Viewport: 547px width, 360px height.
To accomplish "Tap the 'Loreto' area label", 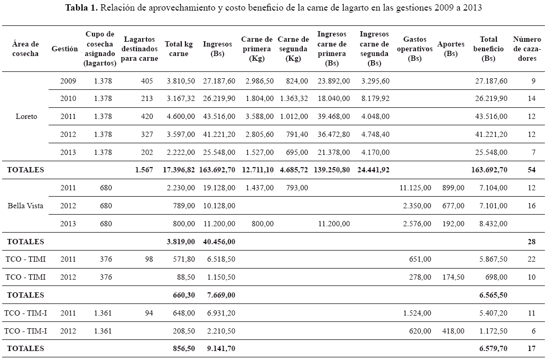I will pyautogui.click(x=26, y=116).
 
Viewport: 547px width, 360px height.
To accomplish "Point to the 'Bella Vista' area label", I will pyautogui.click(x=25, y=206).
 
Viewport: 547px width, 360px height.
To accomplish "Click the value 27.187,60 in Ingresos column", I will pyautogui.click(x=219, y=81).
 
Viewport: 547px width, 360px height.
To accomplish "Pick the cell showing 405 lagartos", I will pyautogui.click(x=147, y=81).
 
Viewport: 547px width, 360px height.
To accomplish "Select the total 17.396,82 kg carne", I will pyautogui.click(x=180, y=170).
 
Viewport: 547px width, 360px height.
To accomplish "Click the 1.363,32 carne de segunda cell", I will pyautogui.click(x=293, y=99).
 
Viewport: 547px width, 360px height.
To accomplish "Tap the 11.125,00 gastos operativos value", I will pyautogui.click(x=416, y=188).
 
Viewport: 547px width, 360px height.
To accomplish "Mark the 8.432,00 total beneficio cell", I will pyautogui.click(x=492, y=223).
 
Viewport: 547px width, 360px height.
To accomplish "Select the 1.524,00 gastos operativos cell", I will pyautogui.click(x=418, y=313).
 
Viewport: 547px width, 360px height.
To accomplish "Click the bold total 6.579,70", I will pyautogui.click(x=492, y=348).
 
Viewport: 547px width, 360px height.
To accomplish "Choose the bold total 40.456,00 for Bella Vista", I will pyautogui.click(x=219, y=241).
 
